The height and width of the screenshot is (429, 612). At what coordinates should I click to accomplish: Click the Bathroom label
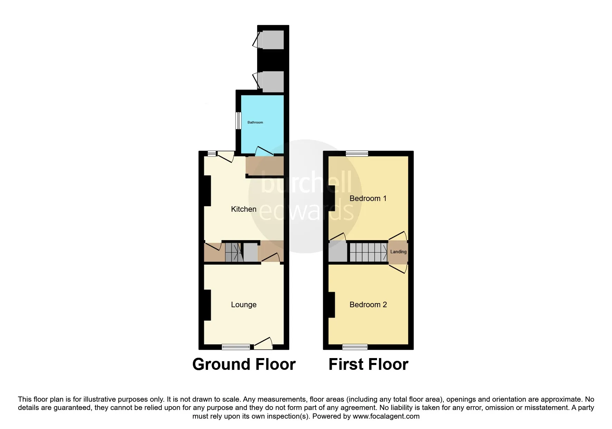255,122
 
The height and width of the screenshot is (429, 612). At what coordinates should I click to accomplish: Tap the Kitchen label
244,209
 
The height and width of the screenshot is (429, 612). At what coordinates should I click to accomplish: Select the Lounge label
244,305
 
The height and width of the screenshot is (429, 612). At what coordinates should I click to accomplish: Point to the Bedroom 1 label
368,198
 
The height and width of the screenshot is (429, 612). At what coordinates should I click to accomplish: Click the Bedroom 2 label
368,305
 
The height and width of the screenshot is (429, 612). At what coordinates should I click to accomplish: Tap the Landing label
398,252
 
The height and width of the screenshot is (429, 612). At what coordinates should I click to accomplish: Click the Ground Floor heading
244,364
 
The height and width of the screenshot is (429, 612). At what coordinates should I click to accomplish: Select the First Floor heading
368,364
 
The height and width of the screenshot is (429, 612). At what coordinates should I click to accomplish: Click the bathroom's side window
238,121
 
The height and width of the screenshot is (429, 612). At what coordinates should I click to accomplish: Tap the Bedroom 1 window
357,153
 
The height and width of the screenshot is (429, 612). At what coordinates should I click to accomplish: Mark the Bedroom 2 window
355,346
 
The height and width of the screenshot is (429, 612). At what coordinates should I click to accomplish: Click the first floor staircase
369,252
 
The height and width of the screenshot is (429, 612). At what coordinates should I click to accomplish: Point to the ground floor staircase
233,252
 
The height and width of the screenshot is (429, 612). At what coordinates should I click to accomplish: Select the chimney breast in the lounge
207,305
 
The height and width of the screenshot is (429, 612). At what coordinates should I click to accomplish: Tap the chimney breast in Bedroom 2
331,305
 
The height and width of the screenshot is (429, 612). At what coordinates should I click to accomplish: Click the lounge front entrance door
263,343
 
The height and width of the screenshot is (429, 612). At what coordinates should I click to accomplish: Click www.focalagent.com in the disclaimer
387,416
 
